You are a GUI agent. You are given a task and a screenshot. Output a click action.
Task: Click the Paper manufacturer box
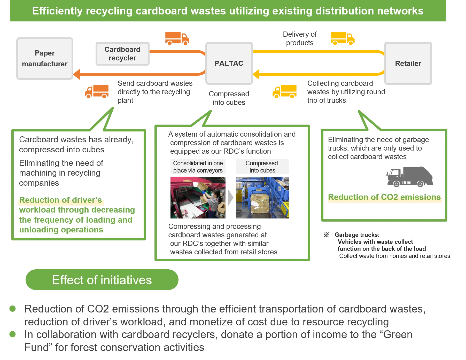[x=44, y=59]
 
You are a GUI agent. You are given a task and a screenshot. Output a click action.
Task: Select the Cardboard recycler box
[x=122, y=54]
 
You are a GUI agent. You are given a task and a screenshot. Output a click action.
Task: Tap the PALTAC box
[x=229, y=63]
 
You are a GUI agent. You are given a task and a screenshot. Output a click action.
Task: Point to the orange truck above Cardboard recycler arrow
[x=177, y=38]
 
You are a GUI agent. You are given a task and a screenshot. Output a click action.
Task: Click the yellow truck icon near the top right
[x=343, y=38]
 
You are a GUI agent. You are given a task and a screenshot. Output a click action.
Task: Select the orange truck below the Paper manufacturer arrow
[x=97, y=92]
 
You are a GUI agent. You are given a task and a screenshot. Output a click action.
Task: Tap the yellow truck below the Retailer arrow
[x=284, y=92]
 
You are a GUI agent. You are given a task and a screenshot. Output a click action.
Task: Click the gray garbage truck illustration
[x=409, y=177]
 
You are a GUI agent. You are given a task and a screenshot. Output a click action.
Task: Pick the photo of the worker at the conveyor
[x=198, y=198]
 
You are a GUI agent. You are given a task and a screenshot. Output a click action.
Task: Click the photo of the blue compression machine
[x=262, y=198]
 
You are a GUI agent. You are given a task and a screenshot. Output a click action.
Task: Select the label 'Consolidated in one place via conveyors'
[x=198, y=167]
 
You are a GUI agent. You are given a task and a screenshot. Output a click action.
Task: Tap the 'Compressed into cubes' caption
[x=262, y=167]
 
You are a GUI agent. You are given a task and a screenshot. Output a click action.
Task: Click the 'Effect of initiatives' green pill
[x=102, y=280]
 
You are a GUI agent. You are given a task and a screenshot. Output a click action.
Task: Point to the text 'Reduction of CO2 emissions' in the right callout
[x=384, y=197]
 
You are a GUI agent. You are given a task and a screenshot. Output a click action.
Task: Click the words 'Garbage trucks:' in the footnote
[x=357, y=235]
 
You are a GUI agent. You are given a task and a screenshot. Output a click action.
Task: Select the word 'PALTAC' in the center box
[x=229, y=63]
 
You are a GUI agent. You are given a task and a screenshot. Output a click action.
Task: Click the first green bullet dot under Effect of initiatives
[x=12, y=309]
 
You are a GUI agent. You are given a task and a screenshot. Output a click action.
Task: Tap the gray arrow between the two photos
[x=230, y=198]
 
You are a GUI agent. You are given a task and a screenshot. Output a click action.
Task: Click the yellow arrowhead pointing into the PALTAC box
[x=257, y=74]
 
